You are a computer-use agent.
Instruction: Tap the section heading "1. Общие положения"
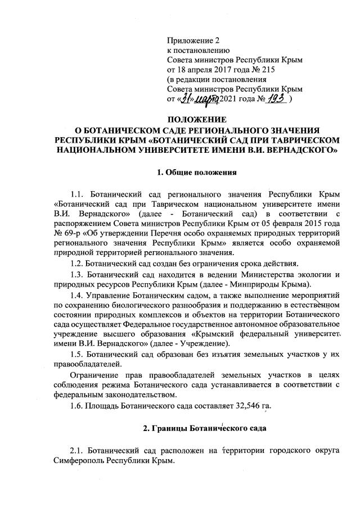pyautogui.click(x=195, y=171)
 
